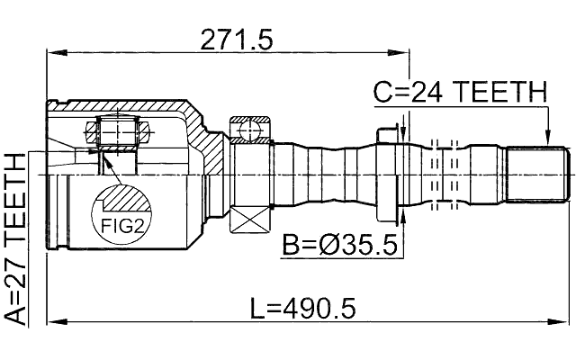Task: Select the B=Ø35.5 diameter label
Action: point(339,245)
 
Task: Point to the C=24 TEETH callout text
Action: point(460,92)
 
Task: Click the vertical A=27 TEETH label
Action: point(15,238)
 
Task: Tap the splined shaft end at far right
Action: point(538,174)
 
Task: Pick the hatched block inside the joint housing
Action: point(117,135)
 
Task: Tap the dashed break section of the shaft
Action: point(445,174)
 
